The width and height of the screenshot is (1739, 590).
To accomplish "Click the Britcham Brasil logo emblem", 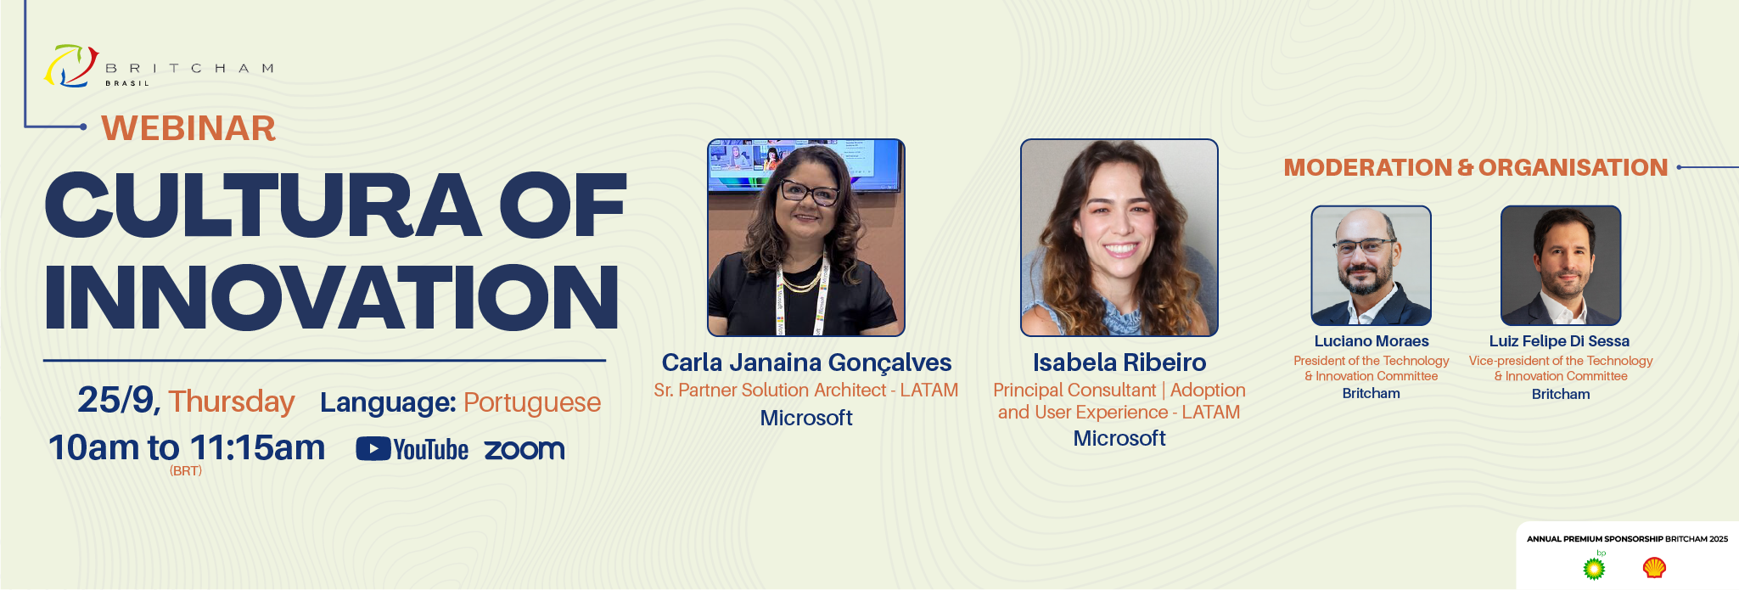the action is pyautogui.click(x=71, y=66).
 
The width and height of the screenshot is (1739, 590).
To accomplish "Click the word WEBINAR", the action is pyautogui.click(x=188, y=128).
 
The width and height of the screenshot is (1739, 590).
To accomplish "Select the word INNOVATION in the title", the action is pyautogui.click(x=332, y=296).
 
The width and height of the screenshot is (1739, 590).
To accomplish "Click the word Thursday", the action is pyautogui.click(x=231, y=402).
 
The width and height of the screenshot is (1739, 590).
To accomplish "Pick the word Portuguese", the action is pyautogui.click(x=532, y=402).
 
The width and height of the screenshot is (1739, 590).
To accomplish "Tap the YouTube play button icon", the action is pyautogui.click(x=373, y=449).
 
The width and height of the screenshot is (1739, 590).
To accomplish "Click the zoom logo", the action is pyautogui.click(x=525, y=450).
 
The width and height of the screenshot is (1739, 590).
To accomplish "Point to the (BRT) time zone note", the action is pyautogui.click(x=186, y=471).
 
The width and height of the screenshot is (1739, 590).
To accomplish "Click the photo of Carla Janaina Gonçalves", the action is pyautogui.click(x=806, y=238).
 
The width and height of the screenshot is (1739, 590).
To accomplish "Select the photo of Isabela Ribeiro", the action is pyautogui.click(x=1119, y=238).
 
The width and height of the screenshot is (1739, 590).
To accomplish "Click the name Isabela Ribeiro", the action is pyautogui.click(x=1119, y=362).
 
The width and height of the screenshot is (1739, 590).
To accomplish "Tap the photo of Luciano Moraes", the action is pyautogui.click(x=1372, y=266).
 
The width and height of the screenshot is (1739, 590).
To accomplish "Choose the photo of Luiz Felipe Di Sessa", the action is pyautogui.click(x=1561, y=266).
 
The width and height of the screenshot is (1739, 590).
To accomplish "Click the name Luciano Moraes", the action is pyautogui.click(x=1372, y=341).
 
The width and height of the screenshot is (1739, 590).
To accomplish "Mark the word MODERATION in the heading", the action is pyautogui.click(x=1368, y=168).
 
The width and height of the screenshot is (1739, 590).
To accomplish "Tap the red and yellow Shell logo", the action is pyautogui.click(x=1654, y=567).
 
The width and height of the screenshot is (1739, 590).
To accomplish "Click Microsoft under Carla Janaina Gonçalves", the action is pyautogui.click(x=806, y=418).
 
